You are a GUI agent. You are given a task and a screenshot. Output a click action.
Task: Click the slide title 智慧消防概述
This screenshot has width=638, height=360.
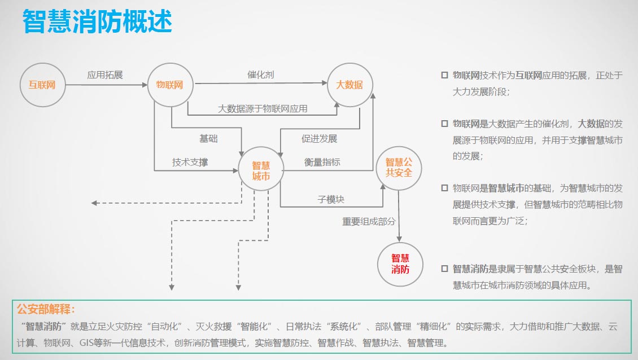point(97,23)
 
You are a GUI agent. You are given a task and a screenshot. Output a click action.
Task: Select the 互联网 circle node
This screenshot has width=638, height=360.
point(42,85)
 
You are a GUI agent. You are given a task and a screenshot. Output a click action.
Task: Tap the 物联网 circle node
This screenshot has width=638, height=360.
point(170,85)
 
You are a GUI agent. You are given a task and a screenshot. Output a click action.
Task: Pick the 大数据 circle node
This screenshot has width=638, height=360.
point(349,85)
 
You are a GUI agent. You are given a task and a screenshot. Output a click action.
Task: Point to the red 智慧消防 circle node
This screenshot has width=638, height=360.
point(400,264)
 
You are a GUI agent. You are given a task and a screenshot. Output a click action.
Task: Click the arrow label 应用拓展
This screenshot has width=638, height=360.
point(105,74)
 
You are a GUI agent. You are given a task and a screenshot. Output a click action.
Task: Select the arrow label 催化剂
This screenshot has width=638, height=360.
point(261,74)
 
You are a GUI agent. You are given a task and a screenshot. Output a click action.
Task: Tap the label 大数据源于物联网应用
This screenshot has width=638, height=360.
point(263,108)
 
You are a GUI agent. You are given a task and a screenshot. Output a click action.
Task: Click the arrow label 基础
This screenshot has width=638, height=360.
point(208,138)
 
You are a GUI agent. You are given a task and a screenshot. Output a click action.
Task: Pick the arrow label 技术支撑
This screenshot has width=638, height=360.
point(190,162)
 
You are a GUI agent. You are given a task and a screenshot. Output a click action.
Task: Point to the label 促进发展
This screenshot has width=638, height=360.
point(319,139)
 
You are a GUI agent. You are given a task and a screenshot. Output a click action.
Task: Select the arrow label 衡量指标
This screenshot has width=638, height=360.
point(322,162)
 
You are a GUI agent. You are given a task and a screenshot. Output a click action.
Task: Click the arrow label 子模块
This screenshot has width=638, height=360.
point(331,199)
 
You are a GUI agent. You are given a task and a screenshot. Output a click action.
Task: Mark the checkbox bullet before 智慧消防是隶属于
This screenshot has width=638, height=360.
point(444,269)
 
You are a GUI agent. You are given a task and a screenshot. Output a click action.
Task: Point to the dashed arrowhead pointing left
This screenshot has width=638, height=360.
point(94,203)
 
